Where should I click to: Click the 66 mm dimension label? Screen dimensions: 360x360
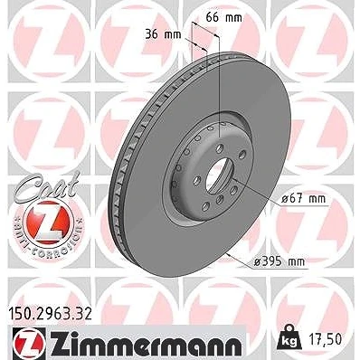coord(223,18)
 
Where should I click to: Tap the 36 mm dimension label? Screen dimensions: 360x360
coord(163,34)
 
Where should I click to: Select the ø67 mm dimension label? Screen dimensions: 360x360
coord(303,199)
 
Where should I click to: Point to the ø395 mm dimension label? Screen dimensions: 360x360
coord(279,261)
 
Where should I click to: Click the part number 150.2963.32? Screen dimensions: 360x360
coord(49,315)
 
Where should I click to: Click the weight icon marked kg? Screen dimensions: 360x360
coord(289,339)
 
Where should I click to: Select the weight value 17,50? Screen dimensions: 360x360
coord(326,339)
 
